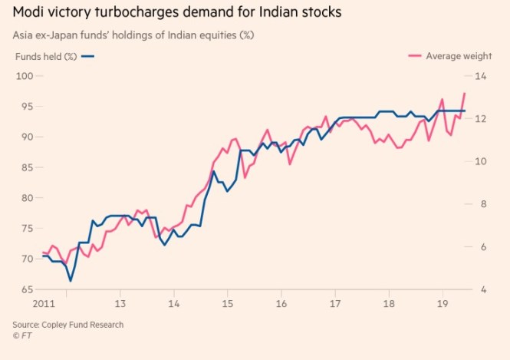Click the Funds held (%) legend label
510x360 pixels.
tap(44, 56)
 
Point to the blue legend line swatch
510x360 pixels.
tap(87, 56)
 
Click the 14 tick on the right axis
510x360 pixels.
tap(482, 75)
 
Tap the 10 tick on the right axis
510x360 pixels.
tap(482, 161)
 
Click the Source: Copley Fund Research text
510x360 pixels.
tap(67, 325)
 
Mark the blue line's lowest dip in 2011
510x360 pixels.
tap(71, 281)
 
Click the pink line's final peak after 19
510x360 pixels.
tap(465, 93)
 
